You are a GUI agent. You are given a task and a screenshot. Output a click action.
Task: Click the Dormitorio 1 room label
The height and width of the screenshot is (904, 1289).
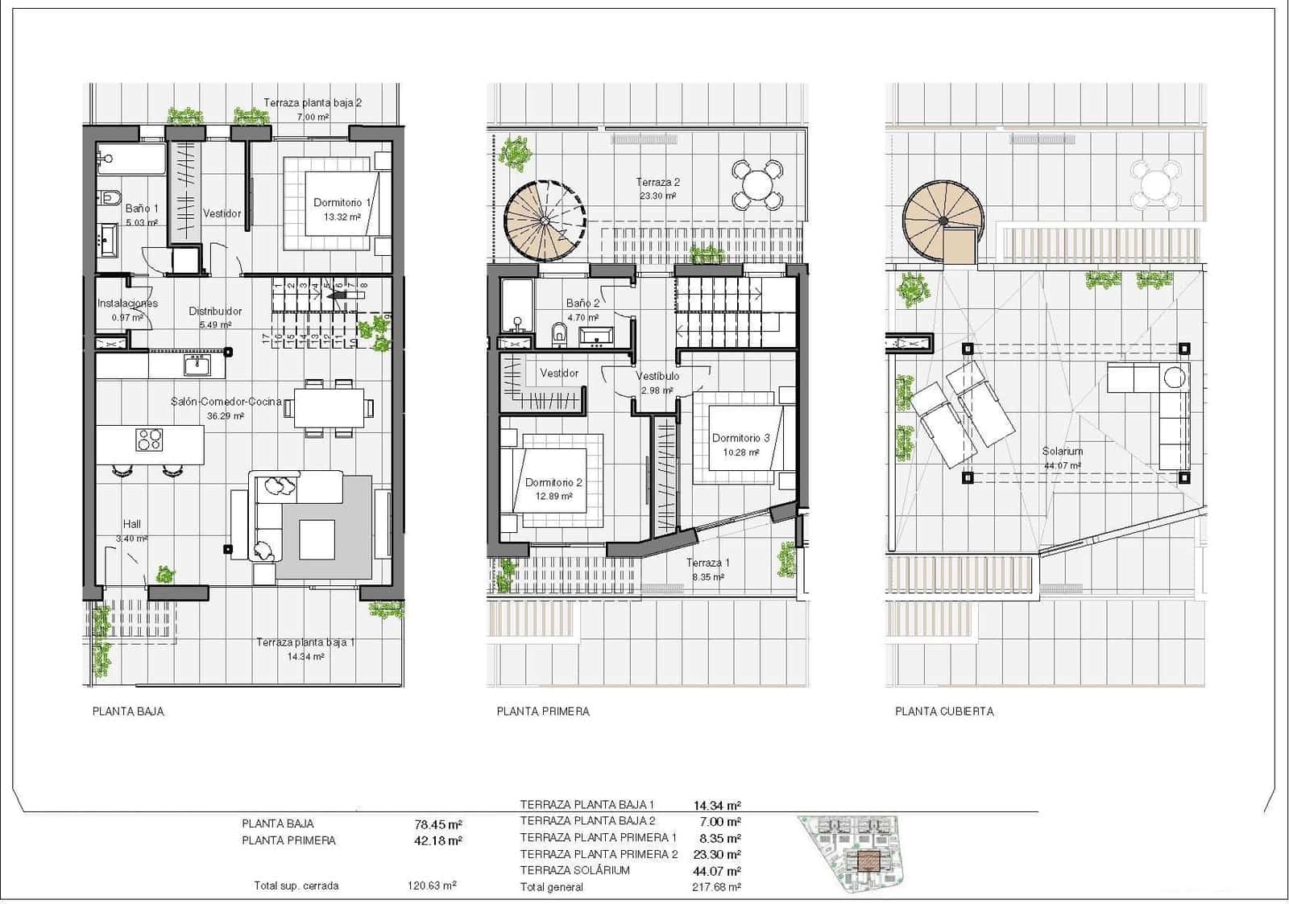342,203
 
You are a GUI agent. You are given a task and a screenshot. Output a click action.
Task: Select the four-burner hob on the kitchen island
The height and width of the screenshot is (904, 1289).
150,440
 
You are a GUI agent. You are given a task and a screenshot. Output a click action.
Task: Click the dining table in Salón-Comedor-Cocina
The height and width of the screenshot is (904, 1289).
329,407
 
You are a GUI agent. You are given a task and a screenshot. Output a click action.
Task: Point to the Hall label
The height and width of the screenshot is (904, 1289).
131,524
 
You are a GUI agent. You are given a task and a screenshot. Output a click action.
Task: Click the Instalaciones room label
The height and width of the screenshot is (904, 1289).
127,303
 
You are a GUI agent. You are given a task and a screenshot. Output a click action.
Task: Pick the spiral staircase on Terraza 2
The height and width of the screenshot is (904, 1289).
545,220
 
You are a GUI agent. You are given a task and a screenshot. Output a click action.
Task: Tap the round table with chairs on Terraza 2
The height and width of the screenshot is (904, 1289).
757,184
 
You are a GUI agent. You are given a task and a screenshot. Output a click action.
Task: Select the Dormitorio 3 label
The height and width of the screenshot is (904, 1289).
740,439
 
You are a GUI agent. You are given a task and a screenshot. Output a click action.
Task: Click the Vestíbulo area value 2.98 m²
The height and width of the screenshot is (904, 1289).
657,390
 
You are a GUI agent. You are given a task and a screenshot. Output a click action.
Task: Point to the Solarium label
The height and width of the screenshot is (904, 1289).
1063,452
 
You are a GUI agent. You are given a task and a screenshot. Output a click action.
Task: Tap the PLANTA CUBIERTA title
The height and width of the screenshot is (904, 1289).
944,712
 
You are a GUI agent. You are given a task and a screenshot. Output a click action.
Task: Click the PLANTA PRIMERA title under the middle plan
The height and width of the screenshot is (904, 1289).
543,712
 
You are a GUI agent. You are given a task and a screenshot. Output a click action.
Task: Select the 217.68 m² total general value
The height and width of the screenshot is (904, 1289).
716,887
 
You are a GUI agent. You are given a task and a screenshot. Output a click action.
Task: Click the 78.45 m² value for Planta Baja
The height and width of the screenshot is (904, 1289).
437,824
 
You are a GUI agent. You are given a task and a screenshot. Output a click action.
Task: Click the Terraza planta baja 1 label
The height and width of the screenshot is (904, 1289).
305,642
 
